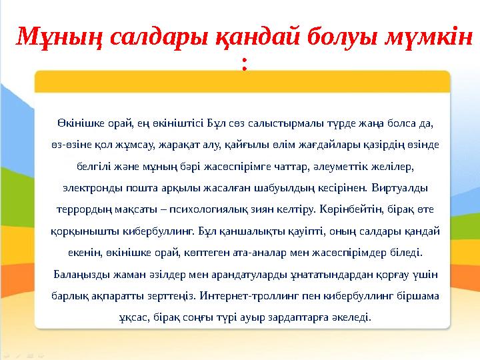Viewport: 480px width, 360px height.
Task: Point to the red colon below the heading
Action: [x=245, y=65]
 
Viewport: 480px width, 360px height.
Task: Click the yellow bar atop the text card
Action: [x=242, y=83]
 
